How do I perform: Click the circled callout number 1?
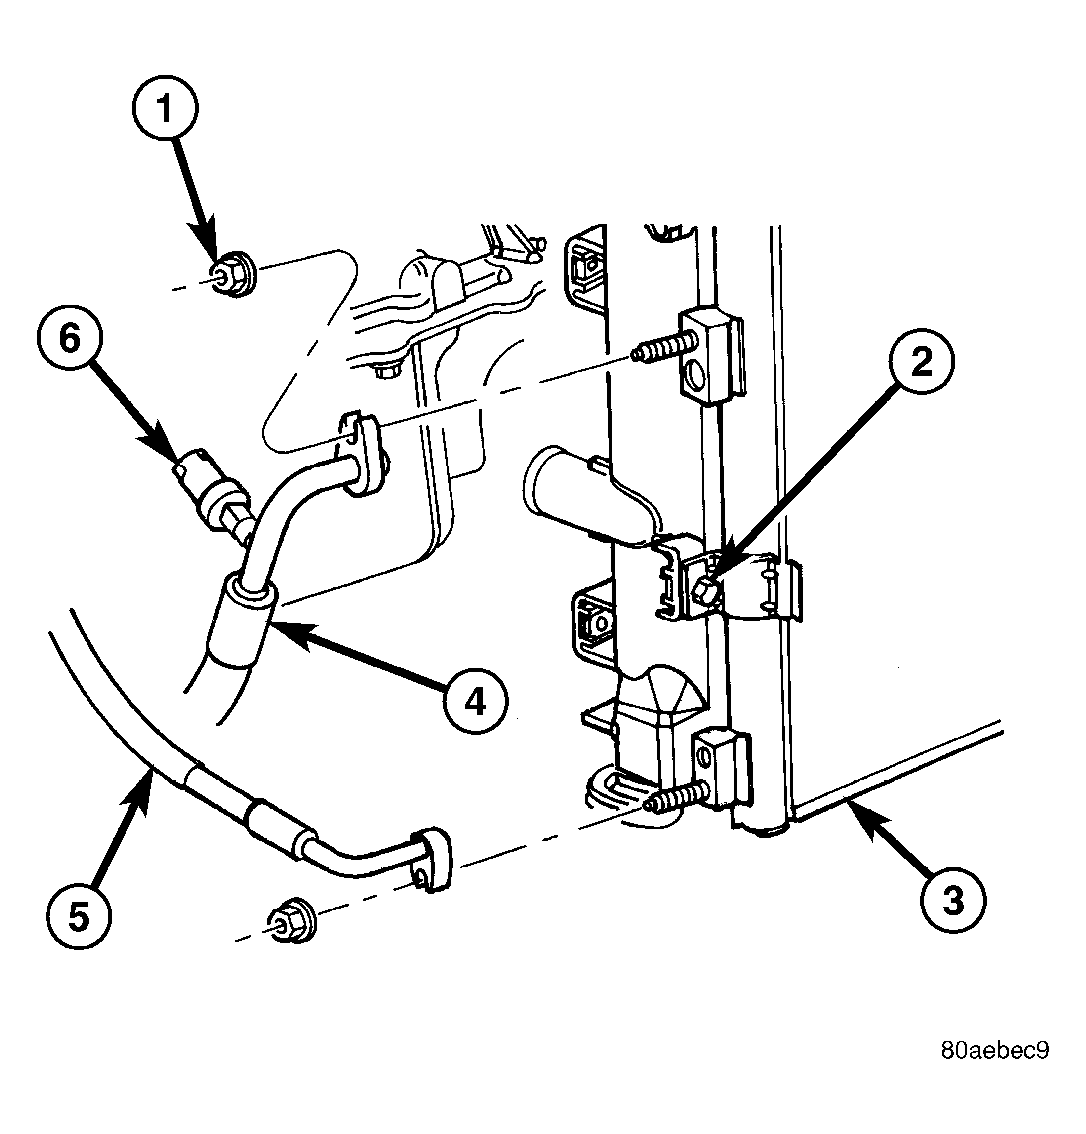click(x=165, y=109)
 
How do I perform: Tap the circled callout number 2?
click(x=921, y=361)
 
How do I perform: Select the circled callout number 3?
click(x=953, y=901)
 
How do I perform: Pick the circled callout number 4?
click(x=475, y=701)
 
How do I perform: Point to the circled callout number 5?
click(x=79, y=916)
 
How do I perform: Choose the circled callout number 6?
click(x=69, y=338)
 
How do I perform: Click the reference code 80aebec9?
click(x=994, y=1049)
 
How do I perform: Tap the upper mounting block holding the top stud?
click(x=711, y=354)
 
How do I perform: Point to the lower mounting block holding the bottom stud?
click(x=724, y=771)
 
